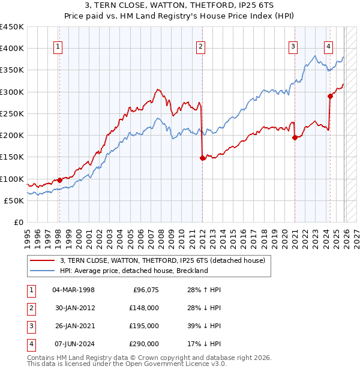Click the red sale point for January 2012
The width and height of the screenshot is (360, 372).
(202, 158)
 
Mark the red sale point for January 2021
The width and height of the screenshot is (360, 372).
(295, 137)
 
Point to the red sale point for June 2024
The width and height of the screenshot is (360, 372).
(330, 96)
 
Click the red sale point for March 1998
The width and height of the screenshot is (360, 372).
(59, 180)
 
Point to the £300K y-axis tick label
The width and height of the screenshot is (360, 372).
(12, 92)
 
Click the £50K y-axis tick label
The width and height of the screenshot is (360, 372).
(14, 200)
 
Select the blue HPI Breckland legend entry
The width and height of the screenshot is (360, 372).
(133, 271)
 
